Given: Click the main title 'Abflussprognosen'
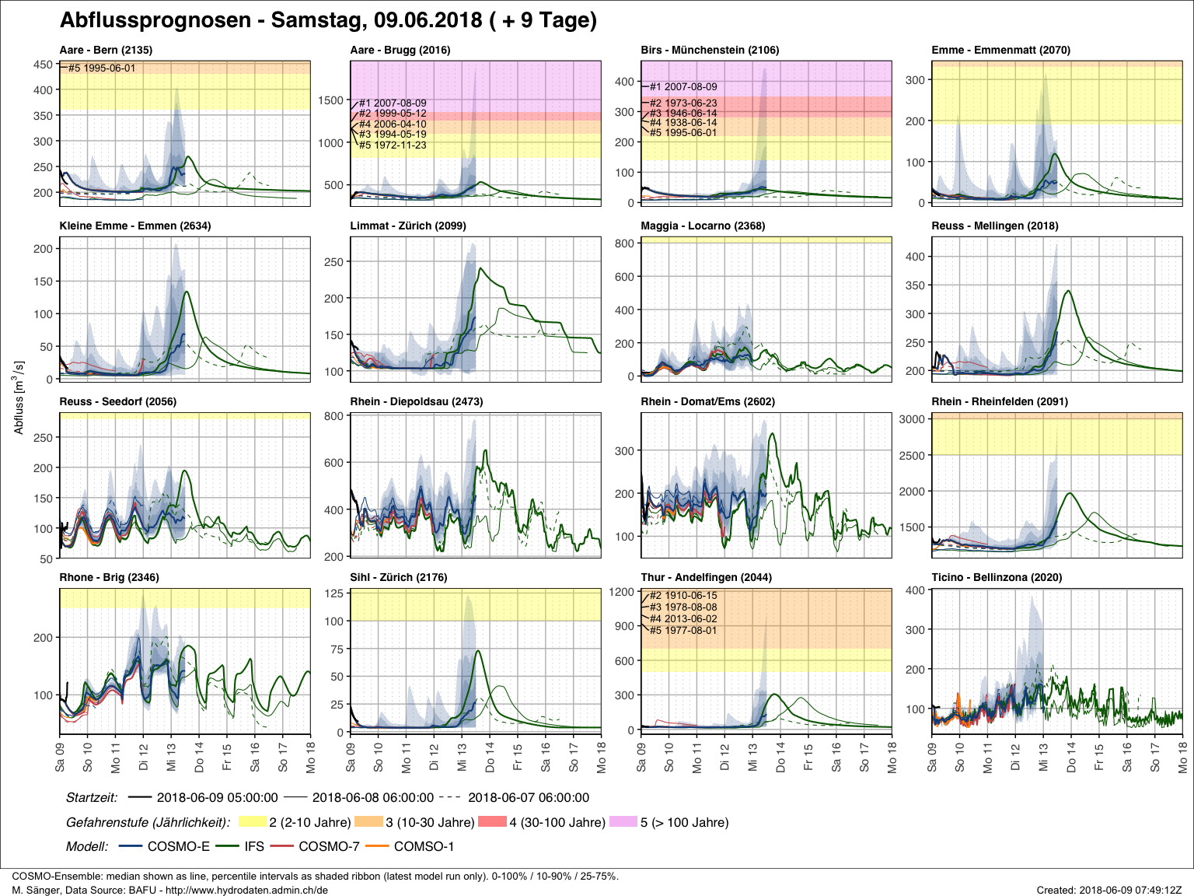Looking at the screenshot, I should click(155, 20).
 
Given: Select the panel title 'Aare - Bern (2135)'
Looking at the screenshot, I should click(106, 50).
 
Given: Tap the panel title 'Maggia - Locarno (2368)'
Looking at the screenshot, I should click(703, 226).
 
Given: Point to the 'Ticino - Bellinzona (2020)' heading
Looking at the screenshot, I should click(997, 577).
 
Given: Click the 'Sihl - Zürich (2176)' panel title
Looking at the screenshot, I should click(399, 577).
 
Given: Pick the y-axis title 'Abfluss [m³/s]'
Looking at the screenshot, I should click(19, 397).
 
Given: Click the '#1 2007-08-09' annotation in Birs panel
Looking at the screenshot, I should click(683, 87).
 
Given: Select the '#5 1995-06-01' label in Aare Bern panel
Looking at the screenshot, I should click(102, 68).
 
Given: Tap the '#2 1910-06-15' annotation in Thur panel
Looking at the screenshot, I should click(683, 596).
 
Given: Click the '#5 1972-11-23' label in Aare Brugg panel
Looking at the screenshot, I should click(393, 145).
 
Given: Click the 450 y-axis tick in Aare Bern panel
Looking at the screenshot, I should click(44, 65).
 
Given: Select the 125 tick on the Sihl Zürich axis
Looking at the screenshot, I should click(333, 593).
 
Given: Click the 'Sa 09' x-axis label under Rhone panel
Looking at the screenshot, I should click(60, 756).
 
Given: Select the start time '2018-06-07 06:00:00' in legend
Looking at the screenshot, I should click(529, 797).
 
